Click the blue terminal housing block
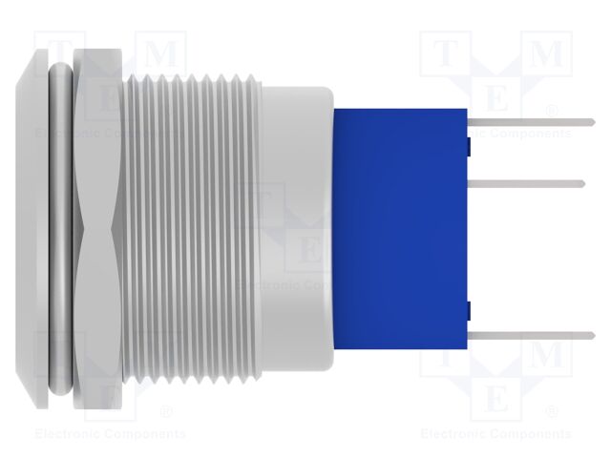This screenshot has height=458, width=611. point(401,229)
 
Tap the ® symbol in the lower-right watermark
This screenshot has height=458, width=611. point(552,412)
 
